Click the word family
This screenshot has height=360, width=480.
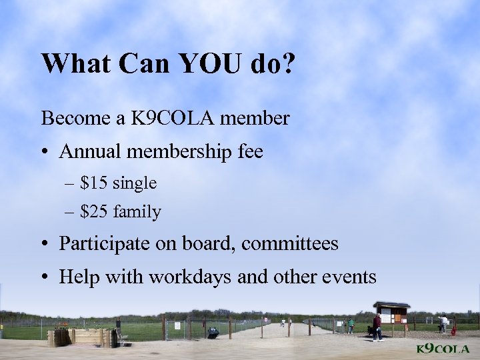[x=137, y=212]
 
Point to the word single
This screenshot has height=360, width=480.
[x=135, y=182]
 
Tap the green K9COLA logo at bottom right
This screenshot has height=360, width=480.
[x=443, y=349]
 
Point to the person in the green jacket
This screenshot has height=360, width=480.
[x=351, y=325]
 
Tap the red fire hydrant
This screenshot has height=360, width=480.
[x=453, y=330]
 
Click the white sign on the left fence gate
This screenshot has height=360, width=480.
[x=179, y=325]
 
